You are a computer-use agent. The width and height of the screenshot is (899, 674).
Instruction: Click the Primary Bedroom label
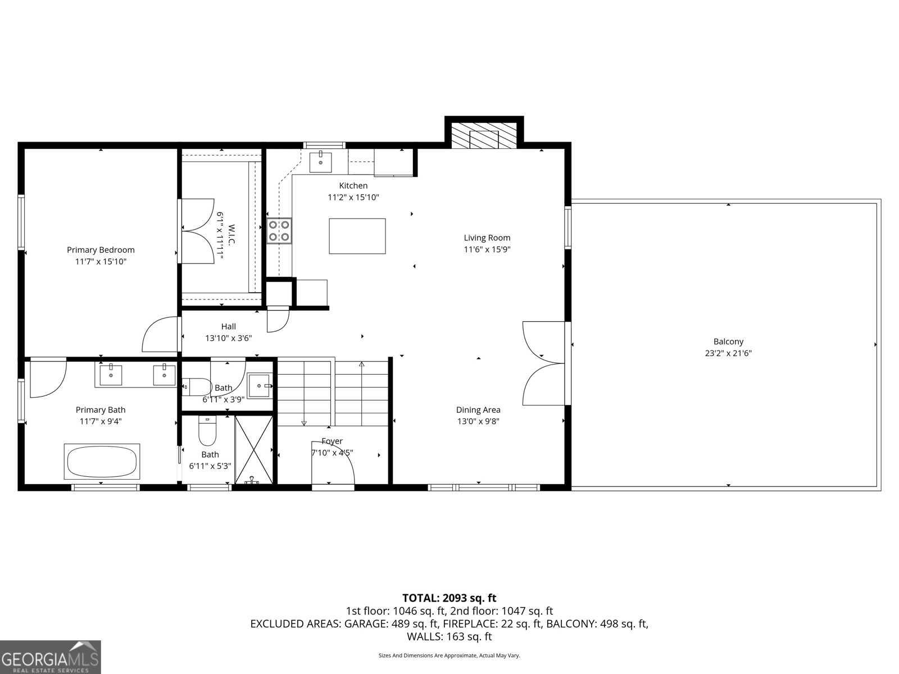(x=101, y=250)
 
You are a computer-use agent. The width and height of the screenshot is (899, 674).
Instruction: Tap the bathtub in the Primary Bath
(x=102, y=462)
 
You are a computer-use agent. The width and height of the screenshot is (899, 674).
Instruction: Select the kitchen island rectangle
(x=357, y=236)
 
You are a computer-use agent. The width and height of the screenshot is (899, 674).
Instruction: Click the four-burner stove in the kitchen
(x=279, y=230)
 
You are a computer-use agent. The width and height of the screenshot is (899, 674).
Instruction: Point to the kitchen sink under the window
(x=321, y=162)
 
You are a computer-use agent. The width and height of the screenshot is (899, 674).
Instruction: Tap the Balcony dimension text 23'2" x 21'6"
(x=728, y=353)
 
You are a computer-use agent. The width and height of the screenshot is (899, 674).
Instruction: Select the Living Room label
(x=487, y=238)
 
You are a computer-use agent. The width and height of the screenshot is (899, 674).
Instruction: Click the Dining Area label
(x=478, y=410)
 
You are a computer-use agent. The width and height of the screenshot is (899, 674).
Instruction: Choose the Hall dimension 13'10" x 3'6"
(x=228, y=338)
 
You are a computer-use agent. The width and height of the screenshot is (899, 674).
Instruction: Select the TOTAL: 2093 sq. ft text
(x=449, y=598)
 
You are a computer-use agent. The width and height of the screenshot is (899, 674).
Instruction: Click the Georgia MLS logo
(x=51, y=657)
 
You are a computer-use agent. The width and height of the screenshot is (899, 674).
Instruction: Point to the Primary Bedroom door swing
(x=160, y=335)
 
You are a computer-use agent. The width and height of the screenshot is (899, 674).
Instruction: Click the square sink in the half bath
(x=260, y=385)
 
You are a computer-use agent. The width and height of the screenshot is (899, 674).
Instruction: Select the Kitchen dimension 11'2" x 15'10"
(x=353, y=197)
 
